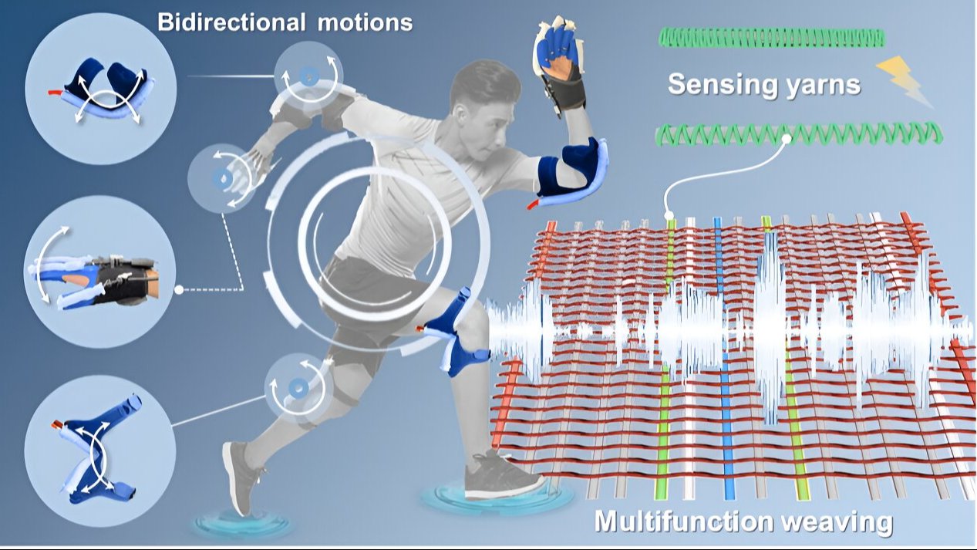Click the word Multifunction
[x=689, y=523]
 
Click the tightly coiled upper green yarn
[x=772, y=37]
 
